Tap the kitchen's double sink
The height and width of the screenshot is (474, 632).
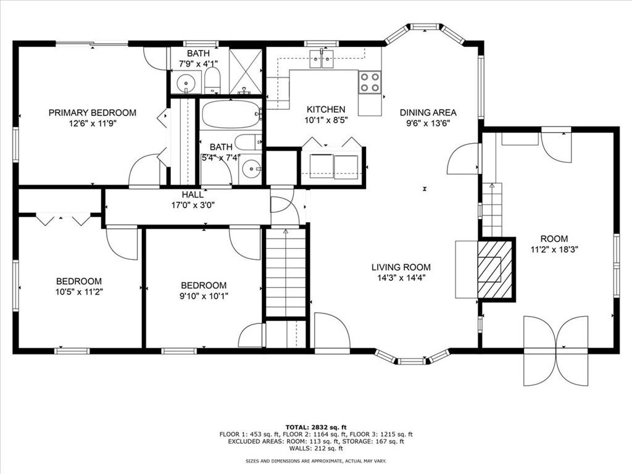(321, 59)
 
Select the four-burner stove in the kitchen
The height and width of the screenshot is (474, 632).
(370, 82)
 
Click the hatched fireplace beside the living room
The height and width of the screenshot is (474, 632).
(496, 270)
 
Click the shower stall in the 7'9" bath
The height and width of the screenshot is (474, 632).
(246, 70)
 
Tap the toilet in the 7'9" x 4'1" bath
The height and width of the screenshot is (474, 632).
(212, 80)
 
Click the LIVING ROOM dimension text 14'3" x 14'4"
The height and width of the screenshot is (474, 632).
(401, 278)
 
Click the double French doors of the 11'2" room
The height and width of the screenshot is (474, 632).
(555, 349)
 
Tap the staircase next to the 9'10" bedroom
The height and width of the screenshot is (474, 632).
(286, 272)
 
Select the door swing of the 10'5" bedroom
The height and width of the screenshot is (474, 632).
(122, 243)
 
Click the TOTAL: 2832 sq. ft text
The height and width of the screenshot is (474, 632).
(316, 427)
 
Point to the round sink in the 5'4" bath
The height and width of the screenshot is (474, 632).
(251, 167)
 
